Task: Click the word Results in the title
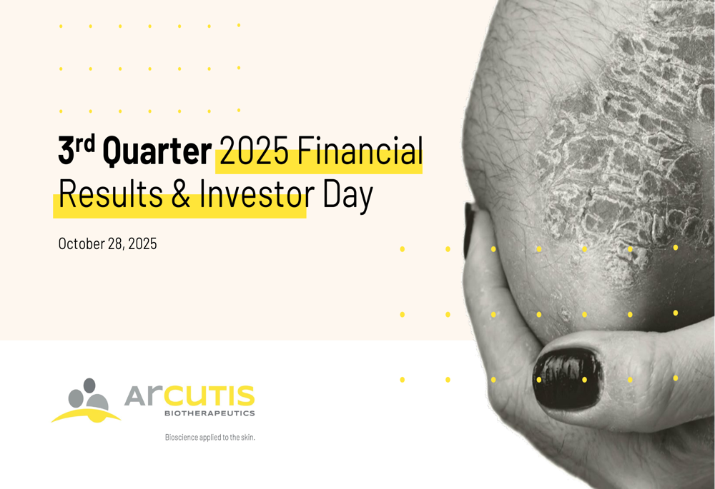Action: tap(110, 196)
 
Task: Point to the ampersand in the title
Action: tap(182, 196)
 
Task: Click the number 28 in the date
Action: tap(121, 243)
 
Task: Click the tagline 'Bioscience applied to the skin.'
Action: tap(209, 437)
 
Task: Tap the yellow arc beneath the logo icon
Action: tap(86, 415)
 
